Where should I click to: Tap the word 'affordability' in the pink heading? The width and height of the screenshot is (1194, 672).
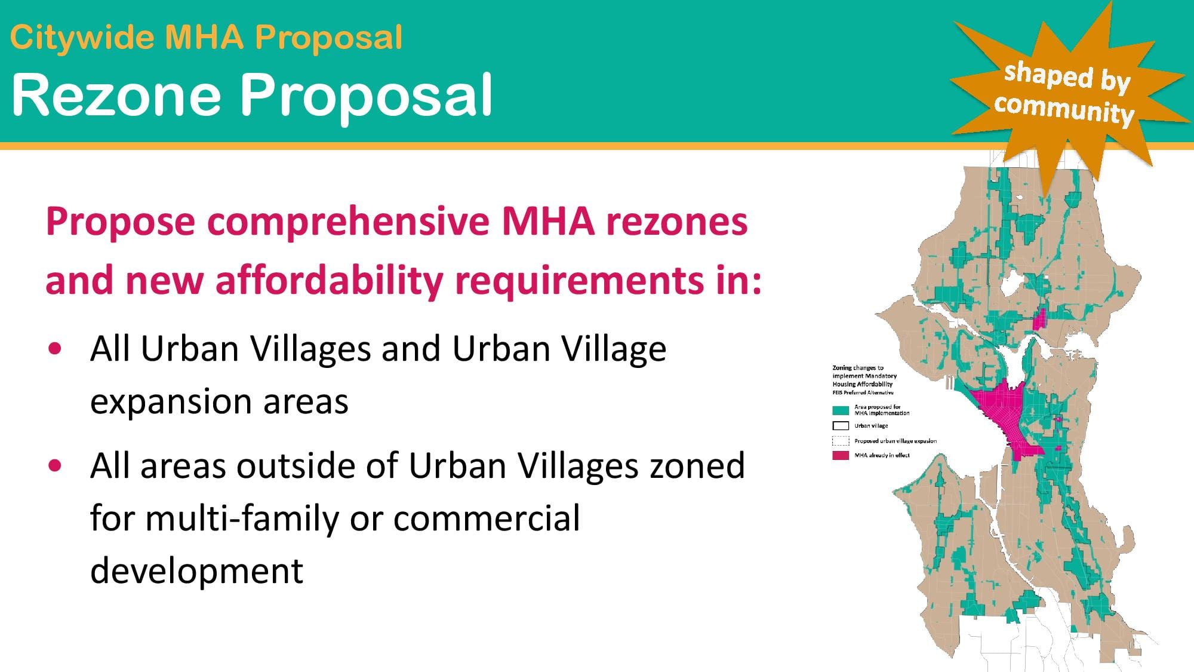pyautogui.click(x=330, y=281)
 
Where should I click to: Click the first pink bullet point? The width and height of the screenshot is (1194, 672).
pyautogui.click(x=56, y=349)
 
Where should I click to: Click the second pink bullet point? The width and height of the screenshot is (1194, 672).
pyautogui.click(x=56, y=466)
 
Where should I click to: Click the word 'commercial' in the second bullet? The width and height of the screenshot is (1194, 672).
pyautogui.click(x=487, y=518)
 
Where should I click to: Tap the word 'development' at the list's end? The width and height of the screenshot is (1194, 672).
pyautogui.click(x=197, y=570)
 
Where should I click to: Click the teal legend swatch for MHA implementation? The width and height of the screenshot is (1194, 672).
pyautogui.click(x=841, y=410)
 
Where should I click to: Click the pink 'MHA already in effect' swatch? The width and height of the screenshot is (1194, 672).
pyautogui.click(x=841, y=456)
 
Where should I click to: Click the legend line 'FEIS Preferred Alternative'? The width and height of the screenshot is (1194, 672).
pyautogui.click(x=863, y=392)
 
